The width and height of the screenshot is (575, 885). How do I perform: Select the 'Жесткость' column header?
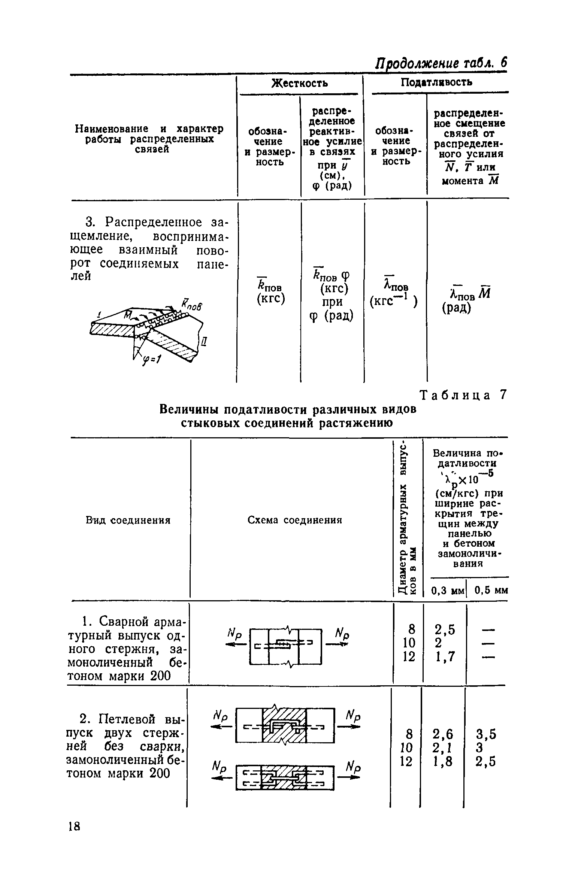coord(299,83)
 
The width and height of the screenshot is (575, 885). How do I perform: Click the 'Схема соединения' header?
coord(295,520)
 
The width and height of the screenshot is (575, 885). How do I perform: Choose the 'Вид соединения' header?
coord(128,520)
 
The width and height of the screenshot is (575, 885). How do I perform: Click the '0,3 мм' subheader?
coord(448,591)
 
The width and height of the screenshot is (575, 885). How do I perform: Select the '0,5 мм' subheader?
coord(491,590)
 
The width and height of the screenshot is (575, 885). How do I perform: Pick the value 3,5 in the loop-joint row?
coord(485,734)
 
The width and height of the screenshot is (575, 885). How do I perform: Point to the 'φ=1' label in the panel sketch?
coord(151,361)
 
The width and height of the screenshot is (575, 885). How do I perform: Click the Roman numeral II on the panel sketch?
coord(204,342)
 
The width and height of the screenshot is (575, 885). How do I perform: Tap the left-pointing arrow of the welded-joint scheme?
coord(235,644)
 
